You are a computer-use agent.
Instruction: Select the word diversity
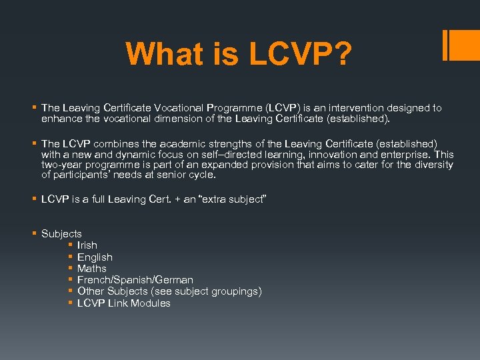click(x=431, y=165)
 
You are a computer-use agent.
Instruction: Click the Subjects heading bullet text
click(x=61, y=234)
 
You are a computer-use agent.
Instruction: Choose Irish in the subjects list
click(x=87, y=245)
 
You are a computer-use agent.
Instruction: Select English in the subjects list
click(x=95, y=257)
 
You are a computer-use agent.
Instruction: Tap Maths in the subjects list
click(x=91, y=269)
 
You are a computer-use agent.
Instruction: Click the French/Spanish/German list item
click(x=135, y=280)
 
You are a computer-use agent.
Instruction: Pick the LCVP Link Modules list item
click(x=123, y=303)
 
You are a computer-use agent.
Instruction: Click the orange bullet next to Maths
click(x=69, y=269)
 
